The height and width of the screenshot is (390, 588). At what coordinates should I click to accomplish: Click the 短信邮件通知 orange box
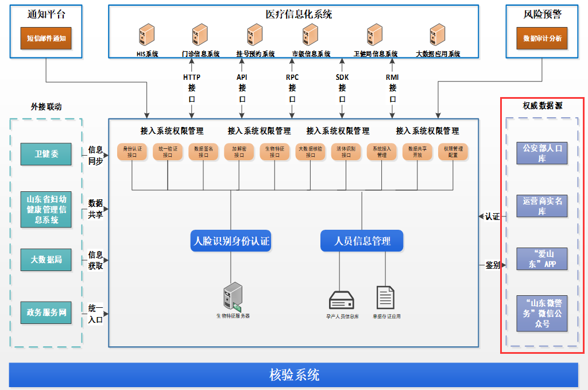click(47, 38)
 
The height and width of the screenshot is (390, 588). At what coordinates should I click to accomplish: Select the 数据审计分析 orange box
click(542, 38)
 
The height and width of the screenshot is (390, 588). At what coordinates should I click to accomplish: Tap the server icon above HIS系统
click(146, 35)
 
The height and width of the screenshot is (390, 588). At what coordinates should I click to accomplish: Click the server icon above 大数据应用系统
click(438, 35)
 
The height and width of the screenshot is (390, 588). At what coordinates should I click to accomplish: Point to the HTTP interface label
click(192, 77)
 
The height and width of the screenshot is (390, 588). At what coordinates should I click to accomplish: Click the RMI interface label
click(393, 77)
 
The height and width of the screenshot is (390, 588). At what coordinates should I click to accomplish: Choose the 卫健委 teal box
click(46, 154)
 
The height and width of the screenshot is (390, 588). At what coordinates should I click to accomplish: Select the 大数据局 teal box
click(46, 260)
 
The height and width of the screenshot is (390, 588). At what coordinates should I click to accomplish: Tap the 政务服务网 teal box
click(46, 313)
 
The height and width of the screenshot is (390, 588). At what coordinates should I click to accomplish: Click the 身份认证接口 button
click(132, 151)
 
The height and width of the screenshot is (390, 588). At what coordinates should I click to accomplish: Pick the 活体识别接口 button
click(346, 151)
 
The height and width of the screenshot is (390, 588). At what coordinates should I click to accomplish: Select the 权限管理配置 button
click(453, 151)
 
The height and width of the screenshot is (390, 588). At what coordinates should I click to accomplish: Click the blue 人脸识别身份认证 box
click(231, 241)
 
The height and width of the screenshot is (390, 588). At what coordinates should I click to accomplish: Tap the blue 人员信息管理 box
click(362, 241)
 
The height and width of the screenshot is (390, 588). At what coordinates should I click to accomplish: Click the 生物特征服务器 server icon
click(233, 295)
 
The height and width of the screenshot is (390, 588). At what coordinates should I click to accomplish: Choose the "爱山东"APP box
click(541, 259)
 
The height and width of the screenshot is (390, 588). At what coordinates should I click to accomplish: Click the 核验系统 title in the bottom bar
click(294, 375)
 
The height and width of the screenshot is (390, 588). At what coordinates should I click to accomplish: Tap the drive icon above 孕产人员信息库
click(342, 300)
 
